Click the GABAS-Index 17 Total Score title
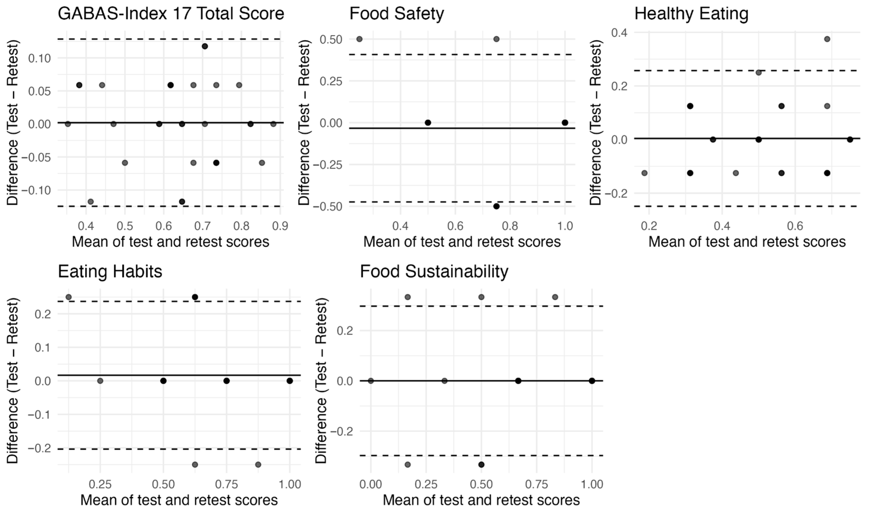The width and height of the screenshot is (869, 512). (x=171, y=14)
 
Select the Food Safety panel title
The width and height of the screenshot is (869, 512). (x=397, y=14)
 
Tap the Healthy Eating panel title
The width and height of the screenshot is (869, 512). (x=691, y=14)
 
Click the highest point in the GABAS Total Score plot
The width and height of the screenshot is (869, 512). (x=205, y=46)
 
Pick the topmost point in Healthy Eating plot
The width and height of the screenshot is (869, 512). (x=827, y=39)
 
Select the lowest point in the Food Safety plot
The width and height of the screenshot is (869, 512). (x=496, y=206)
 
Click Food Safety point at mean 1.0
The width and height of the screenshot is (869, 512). (x=565, y=122)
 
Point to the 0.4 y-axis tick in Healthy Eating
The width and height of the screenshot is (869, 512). (x=619, y=33)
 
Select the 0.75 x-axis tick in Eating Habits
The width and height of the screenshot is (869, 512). (x=226, y=484)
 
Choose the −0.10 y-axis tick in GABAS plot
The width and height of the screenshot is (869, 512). (x=36, y=190)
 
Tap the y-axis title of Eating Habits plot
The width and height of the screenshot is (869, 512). (x=12, y=381)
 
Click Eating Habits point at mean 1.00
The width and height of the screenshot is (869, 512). (x=290, y=381)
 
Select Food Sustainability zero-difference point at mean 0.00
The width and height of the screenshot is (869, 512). (x=371, y=381)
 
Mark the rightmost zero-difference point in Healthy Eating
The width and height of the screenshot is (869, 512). (x=850, y=139)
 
